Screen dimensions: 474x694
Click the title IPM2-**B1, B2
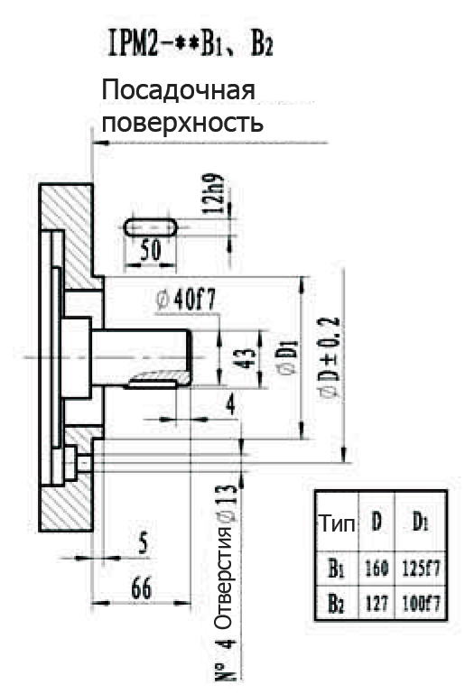click(191, 44)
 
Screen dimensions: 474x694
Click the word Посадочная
click(179, 91)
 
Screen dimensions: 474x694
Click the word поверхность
click(182, 122)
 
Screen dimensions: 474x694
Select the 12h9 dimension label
click(213, 193)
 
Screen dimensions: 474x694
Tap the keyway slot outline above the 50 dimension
click(150, 227)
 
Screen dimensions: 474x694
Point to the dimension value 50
click(150, 250)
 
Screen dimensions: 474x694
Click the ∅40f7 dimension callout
click(186, 301)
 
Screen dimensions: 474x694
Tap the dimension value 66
click(142, 588)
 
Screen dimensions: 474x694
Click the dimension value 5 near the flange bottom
click(143, 542)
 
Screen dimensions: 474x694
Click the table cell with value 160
click(376, 568)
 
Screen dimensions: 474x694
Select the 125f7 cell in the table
click(422, 568)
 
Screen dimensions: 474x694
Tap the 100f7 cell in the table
click(422, 603)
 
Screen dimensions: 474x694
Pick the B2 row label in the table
click(336, 604)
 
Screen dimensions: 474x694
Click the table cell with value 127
click(376, 603)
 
